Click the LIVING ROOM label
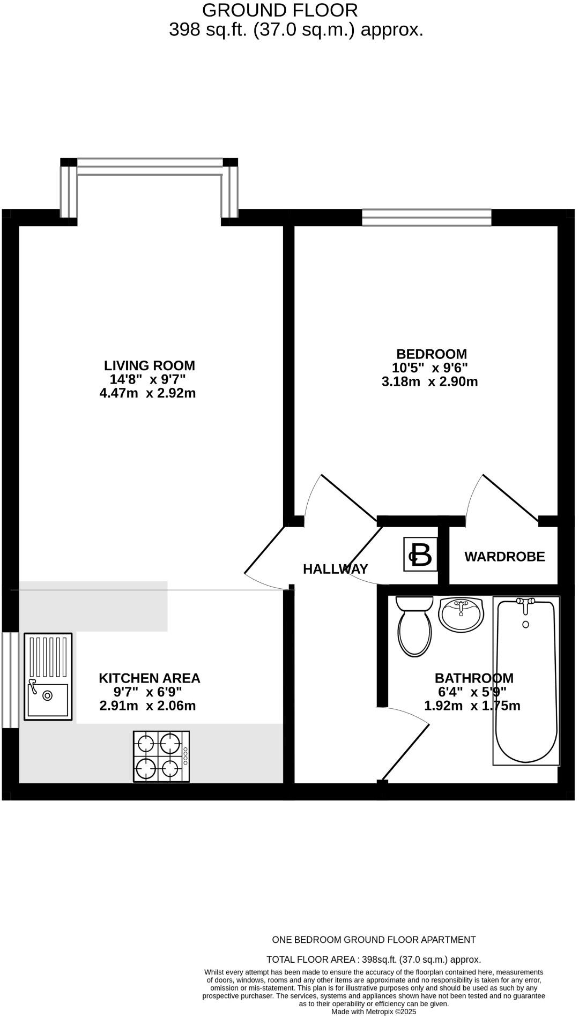(149, 366)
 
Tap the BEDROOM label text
(431, 354)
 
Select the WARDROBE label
(504, 557)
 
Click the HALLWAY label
(335, 569)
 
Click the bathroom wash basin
(461, 615)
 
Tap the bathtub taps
(525, 603)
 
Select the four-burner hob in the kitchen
(161, 756)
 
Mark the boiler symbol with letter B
(420, 555)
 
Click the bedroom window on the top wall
(426, 217)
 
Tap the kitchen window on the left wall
(10, 680)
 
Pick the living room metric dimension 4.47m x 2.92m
(147, 393)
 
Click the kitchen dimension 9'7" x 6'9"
(147, 692)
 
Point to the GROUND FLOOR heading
(280, 10)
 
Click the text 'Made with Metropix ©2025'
(373, 1011)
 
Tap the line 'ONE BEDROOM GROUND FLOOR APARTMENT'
(374, 940)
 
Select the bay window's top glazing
(150, 163)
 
